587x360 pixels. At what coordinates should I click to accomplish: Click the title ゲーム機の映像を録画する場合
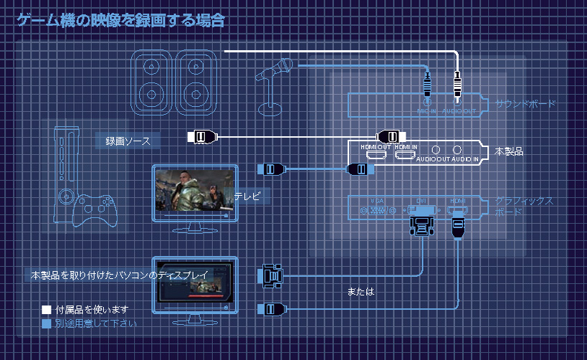tap(121, 20)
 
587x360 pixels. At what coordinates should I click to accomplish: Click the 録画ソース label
tap(128, 141)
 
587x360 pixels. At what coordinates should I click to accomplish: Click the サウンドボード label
tap(525, 104)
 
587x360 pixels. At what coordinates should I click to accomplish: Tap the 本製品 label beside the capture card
tap(509, 152)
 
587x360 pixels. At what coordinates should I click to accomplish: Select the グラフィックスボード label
tap(524, 207)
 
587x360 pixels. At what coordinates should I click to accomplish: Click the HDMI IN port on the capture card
tap(406, 153)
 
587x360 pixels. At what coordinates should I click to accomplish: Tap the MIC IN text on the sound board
tap(427, 111)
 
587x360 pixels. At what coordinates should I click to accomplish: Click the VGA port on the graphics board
tap(378, 211)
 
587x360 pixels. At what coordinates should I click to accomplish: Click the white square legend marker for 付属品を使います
tap(46, 310)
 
